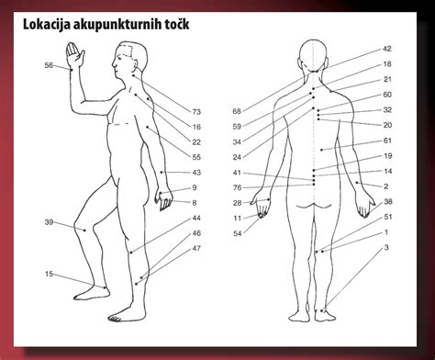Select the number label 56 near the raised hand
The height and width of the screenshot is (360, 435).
coord(49,65)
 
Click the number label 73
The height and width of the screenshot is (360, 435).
coord(196,111)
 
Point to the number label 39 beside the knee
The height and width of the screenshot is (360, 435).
coord(49,222)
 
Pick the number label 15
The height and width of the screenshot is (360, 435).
coord(49,274)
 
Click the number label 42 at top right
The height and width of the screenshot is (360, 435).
coord(386,49)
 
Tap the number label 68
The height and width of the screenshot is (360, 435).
coord(237,111)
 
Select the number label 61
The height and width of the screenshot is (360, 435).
coord(387,141)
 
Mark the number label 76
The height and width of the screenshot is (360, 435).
coord(237,187)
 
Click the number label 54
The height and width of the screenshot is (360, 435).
coord(237,233)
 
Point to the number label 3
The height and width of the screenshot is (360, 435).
coord(386,248)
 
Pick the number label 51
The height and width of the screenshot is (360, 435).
coord(387,217)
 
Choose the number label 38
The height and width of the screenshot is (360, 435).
coord(387,201)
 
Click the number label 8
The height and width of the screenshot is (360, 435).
coord(195,202)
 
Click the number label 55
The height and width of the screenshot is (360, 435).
coord(196,157)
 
